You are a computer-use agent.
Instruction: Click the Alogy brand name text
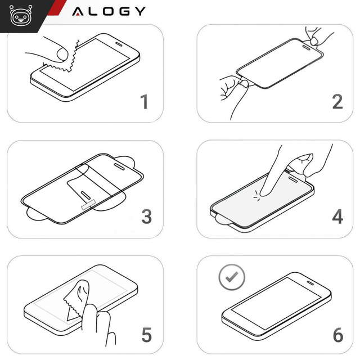109,11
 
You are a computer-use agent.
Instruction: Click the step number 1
145,102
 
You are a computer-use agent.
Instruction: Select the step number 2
337,101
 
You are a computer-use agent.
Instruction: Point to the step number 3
146,217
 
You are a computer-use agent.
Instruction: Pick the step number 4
337,217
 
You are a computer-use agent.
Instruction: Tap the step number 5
146,335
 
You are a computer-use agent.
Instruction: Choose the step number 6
337,335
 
